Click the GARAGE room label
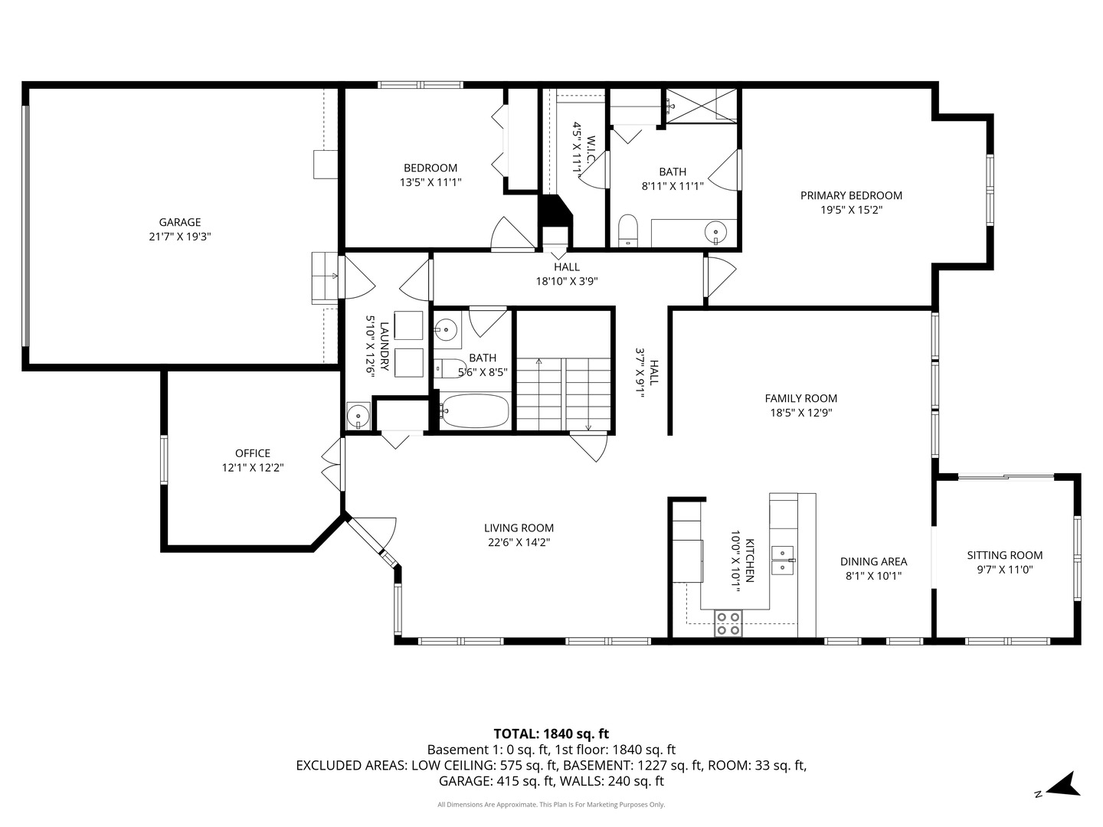click(180, 222)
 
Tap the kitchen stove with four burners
click(728, 623)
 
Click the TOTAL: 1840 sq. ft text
click(551, 734)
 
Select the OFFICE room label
click(253, 453)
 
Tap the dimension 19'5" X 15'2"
click(851, 210)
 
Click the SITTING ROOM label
click(1004, 555)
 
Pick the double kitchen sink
click(782, 560)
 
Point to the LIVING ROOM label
click(519, 528)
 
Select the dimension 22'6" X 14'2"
click(519, 542)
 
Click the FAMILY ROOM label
click(800, 398)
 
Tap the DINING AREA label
click(873, 561)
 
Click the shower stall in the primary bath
click(700, 106)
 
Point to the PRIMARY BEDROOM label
click(851, 195)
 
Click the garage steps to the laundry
click(325, 276)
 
